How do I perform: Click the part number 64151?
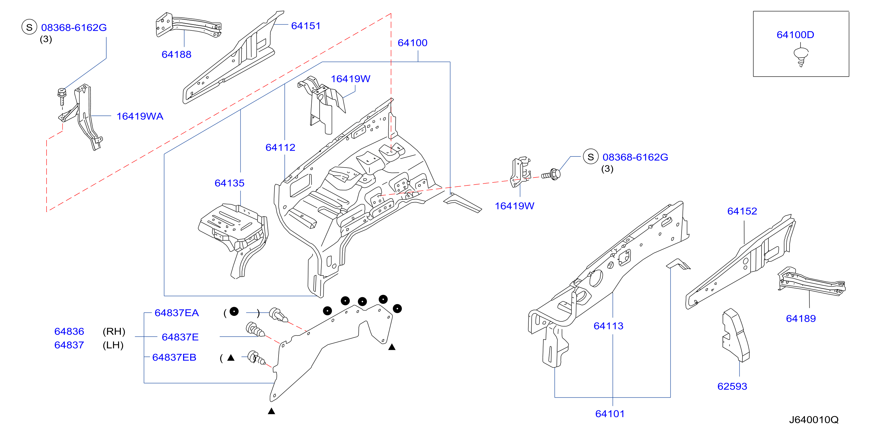point(306,26)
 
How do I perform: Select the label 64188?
point(176,54)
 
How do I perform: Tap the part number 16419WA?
point(140,116)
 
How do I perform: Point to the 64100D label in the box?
point(795,35)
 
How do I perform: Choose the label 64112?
point(280,147)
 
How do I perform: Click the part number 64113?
point(608,326)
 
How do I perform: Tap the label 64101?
point(610,414)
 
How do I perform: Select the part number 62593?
point(732,386)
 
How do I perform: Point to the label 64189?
point(801,318)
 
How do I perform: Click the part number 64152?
point(742,211)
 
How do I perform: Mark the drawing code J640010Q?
point(814,420)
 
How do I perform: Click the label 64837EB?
point(174,357)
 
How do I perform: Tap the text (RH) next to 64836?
point(114,331)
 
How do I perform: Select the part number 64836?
point(69,331)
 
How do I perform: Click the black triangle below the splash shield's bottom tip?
point(271,411)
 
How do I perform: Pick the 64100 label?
point(412,43)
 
